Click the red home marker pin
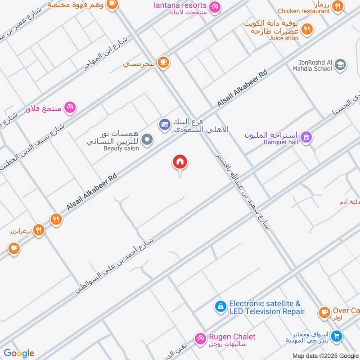pos(180,162)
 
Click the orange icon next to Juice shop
pos(307,30)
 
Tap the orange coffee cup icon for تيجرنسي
pos(163,63)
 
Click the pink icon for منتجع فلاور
pos(70,107)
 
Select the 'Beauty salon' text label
pos(121,148)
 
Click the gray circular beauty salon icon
pos(147,140)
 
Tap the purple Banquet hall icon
pos(306,137)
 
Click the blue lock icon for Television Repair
pos(220,306)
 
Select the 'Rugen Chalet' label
pos(232,337)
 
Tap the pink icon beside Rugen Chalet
pos(200,338)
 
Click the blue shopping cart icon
pos(336,336)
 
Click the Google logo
pos(19,353)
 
